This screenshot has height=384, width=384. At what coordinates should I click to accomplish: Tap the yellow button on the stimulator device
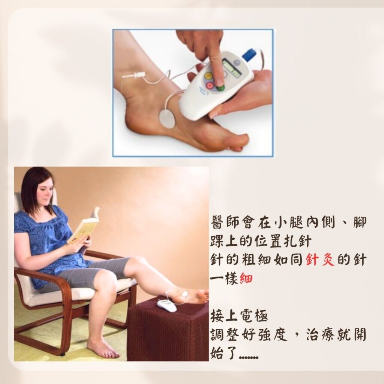point(209,76)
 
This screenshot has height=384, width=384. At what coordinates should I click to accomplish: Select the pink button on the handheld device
point(210,86)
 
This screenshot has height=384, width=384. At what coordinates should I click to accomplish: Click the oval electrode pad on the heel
point(168,118)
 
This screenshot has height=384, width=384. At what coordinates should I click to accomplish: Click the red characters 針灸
point(321,259)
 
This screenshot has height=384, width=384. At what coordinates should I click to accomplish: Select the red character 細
point(246,279)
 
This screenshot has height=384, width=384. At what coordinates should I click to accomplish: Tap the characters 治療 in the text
point(321,335)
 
